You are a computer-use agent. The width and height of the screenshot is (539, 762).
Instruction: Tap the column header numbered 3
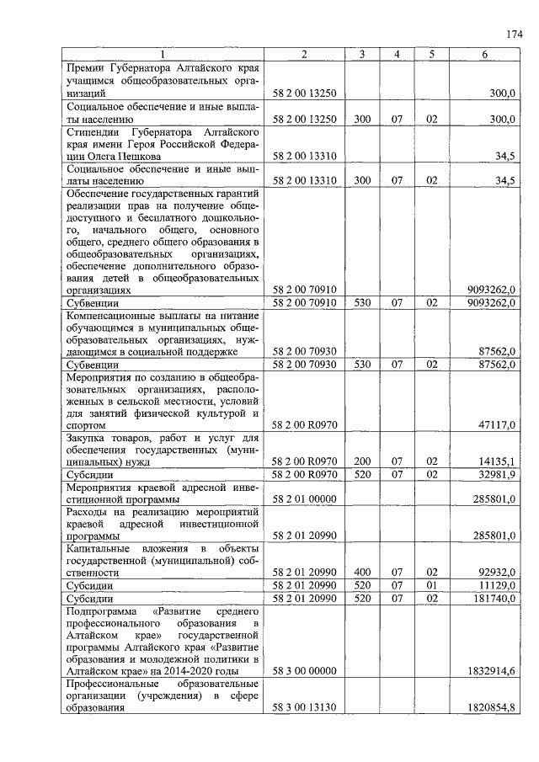click(361, 55)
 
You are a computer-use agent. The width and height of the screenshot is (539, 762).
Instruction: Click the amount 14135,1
click(497, 461)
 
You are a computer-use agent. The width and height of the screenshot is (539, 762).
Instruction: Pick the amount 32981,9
click(497, 474)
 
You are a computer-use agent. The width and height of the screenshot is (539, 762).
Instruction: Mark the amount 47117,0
click(497, 425)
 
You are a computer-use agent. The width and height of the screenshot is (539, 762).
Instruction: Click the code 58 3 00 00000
click(305, 671)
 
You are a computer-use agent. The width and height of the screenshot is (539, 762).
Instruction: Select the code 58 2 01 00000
click(305, 498)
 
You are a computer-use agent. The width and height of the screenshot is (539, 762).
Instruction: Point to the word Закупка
click(88, 438)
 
